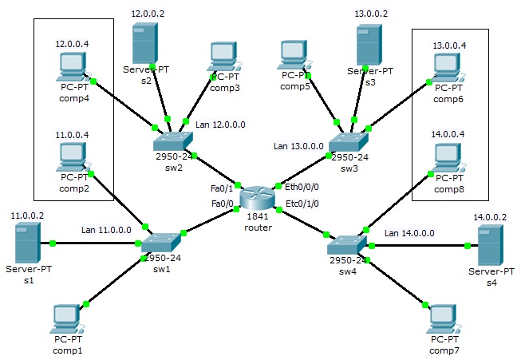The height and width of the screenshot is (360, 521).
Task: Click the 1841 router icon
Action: (x=258, y=197)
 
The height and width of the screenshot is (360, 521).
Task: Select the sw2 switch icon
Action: (x=173, y=141)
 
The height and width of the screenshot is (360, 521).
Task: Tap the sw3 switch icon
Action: (x=348, y=142)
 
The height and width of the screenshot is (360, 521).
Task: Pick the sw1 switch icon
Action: (x=161, y=243)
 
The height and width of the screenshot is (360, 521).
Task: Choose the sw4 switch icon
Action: (x=347, y=245)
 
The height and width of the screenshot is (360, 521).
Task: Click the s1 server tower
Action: (x=28, y=243)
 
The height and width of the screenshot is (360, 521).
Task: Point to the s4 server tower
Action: (x=491, y=245)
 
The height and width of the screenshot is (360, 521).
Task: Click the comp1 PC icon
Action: (x=66, y=319)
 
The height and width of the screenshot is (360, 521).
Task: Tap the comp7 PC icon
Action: (x=444, y=319)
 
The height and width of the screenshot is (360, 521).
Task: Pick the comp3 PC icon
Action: (x=224, y=57)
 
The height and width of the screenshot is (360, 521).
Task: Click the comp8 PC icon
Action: (x=448, y=157)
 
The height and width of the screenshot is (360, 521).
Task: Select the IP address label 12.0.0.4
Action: (x=72, y=44)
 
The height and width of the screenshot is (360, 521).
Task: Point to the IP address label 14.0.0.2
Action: (x=490, y=217)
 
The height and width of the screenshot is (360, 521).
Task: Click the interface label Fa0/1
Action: (x=222, y=189)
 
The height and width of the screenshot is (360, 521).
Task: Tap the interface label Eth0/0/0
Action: (x=302, y=187)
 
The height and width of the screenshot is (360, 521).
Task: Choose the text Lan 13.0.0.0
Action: (x=298, y=146)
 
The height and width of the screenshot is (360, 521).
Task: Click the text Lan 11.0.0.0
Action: (x=106, y=230)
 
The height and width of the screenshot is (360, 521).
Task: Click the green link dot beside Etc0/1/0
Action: (x=279, y=210)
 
